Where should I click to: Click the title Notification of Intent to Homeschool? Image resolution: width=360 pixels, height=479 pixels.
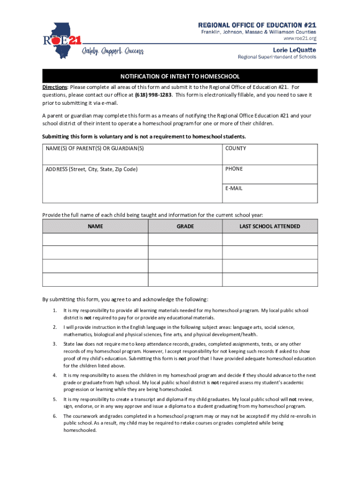click(180, 76)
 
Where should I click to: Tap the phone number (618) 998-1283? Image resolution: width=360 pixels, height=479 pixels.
click(153, 95)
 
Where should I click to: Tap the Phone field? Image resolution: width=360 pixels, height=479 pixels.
click(269, 174)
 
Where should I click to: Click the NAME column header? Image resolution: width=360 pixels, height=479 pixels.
click(95, 226)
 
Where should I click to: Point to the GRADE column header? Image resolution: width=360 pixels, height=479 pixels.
click(185, 226)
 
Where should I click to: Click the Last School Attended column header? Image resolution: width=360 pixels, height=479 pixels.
click(270, 226)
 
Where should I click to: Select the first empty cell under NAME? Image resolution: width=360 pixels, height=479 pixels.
click(95, 239)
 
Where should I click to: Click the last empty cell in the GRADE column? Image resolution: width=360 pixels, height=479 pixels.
click(185, 279)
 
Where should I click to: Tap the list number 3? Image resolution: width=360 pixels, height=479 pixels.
click(55, 344)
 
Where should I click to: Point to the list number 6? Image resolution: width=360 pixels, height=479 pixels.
click(55, 416)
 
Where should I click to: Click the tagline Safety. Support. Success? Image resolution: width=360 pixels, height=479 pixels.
click(113, 51)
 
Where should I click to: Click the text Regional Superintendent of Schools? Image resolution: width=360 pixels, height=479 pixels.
click(277, 57)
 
